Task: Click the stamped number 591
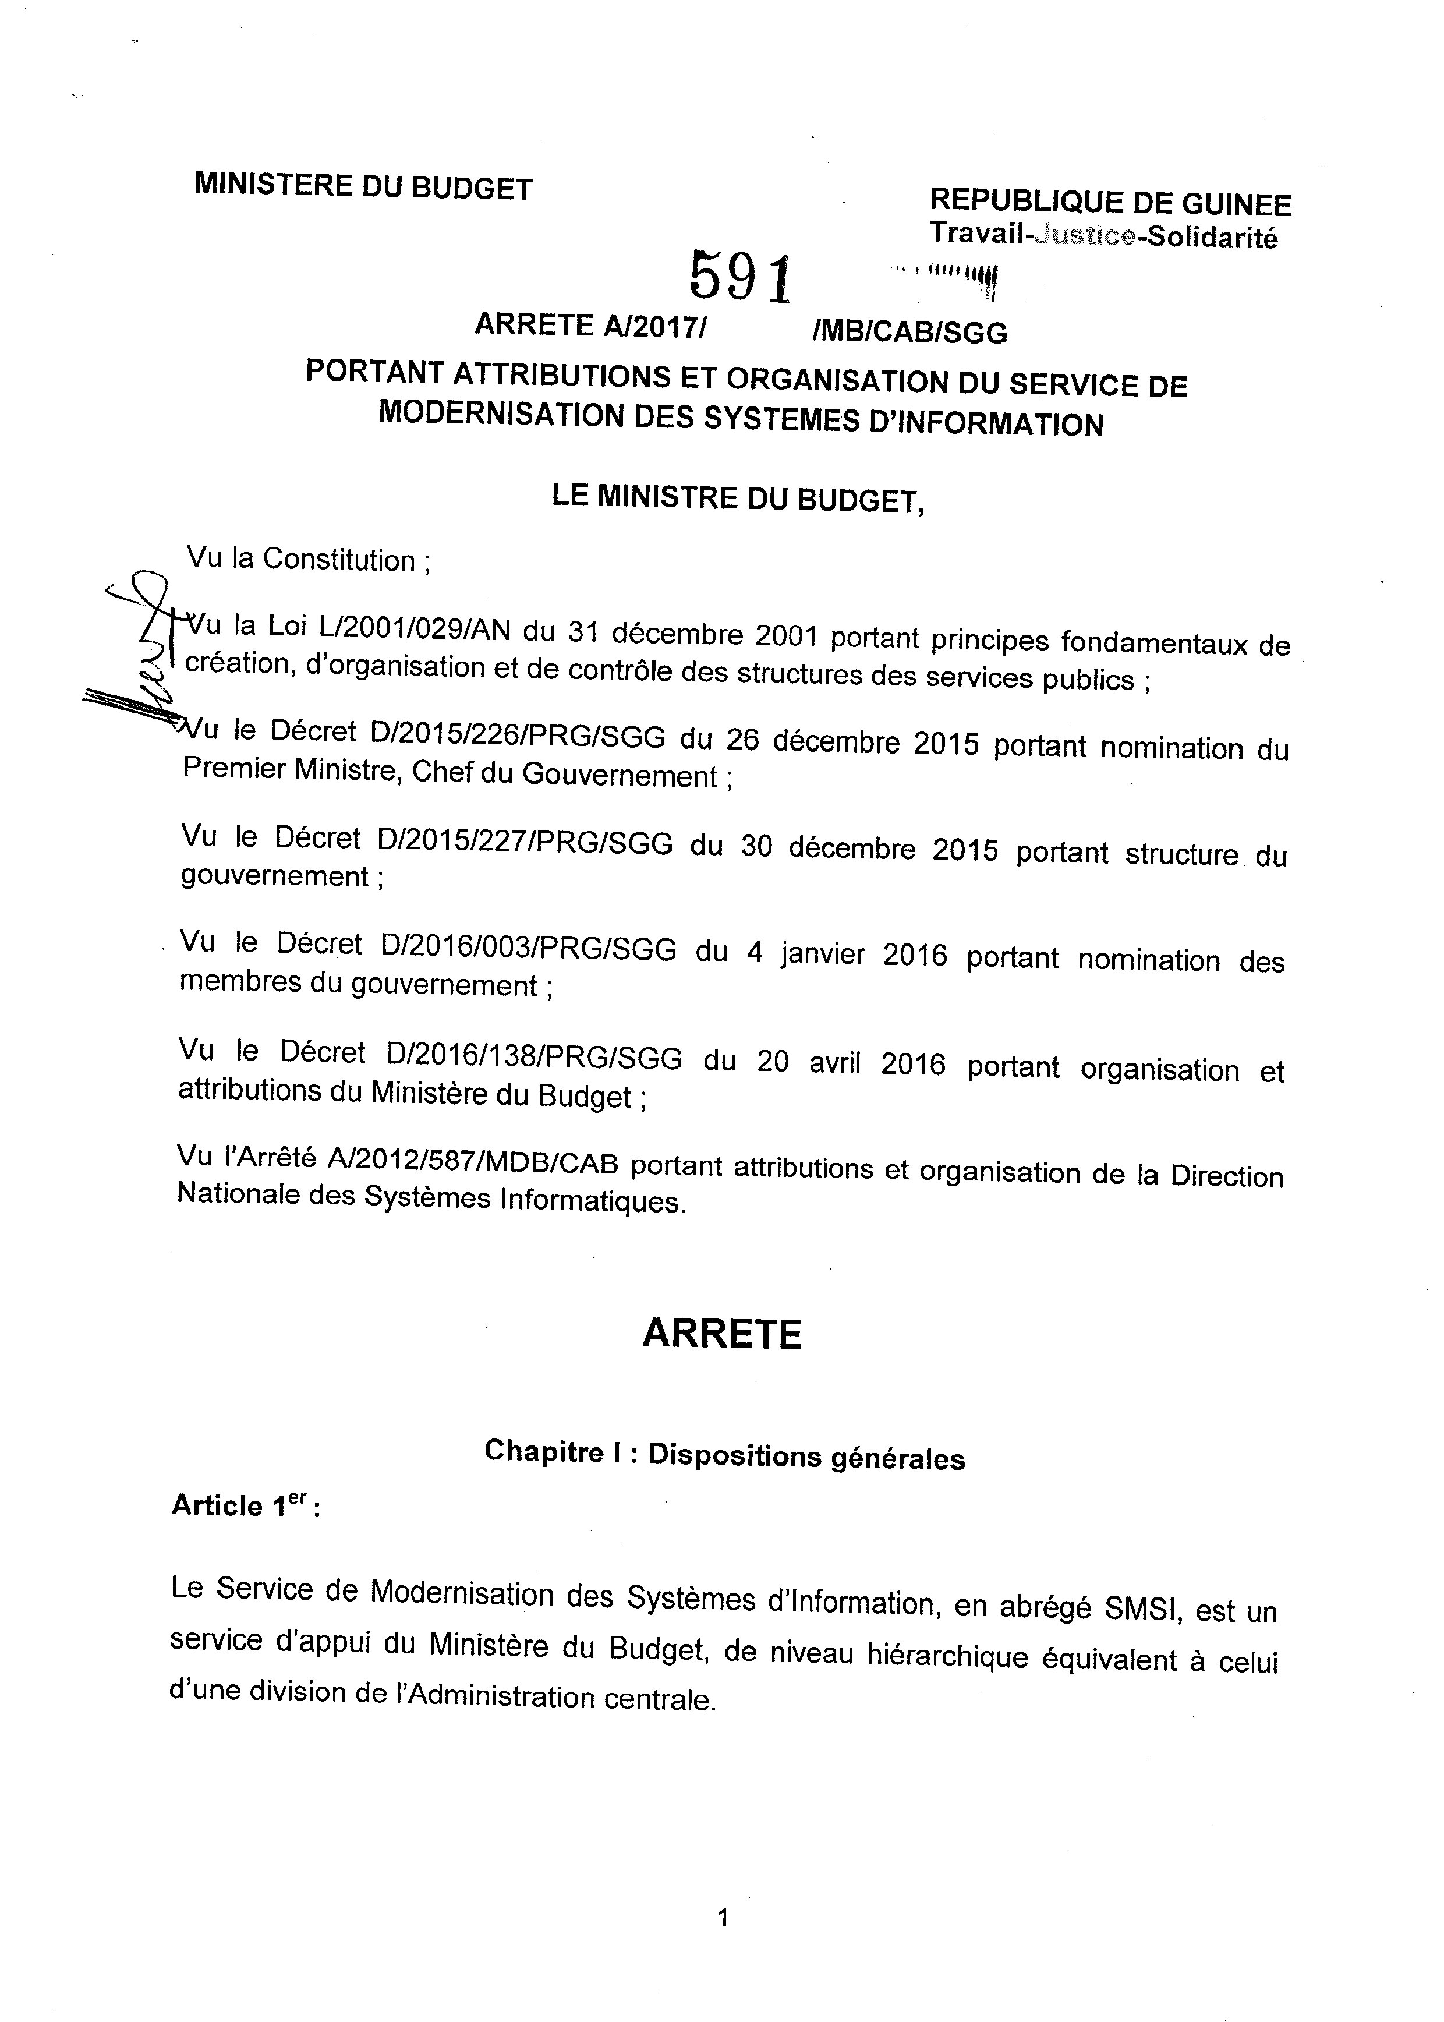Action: [x=740, y=277]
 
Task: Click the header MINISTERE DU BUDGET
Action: [x=363, y=187]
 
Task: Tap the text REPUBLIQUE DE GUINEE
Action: [x=1110, y=204]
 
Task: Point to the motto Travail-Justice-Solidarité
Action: [x=1103, y=236]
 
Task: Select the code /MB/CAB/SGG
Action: [x=909, y=333]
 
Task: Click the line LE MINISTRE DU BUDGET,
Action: [x=738, y=498]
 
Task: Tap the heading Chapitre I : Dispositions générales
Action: [x=724, y=1455]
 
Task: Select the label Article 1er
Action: [x=245, y=1505]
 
